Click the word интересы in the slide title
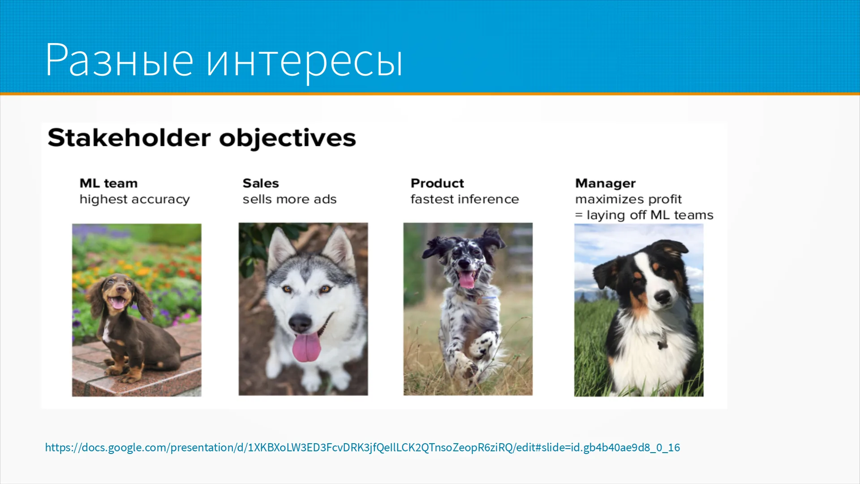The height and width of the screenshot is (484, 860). (305, 63)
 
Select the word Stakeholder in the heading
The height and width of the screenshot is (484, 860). (129, 138)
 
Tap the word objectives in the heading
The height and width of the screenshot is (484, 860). (288, 138)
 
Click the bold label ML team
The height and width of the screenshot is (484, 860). (108, 183)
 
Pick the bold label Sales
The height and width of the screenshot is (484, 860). (261, 183)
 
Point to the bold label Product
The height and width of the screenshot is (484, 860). (437, 183)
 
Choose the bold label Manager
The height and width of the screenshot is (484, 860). (606, 184)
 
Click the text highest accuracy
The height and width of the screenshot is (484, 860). (135, 199)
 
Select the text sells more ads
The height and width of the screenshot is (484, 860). (290, 199)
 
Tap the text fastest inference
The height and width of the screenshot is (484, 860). (465, 199)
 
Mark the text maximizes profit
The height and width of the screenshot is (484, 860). (628, 199)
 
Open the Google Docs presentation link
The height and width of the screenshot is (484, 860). (362, 447)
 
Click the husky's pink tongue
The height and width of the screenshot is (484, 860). (306, 347)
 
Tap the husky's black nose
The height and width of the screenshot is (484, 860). (300, 322)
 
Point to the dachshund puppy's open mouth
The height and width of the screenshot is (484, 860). (118, 303)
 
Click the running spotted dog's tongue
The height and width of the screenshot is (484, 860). (467, 281)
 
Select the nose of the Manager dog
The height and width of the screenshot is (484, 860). (662, 296)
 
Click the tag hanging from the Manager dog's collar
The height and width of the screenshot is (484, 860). (661, 345)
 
